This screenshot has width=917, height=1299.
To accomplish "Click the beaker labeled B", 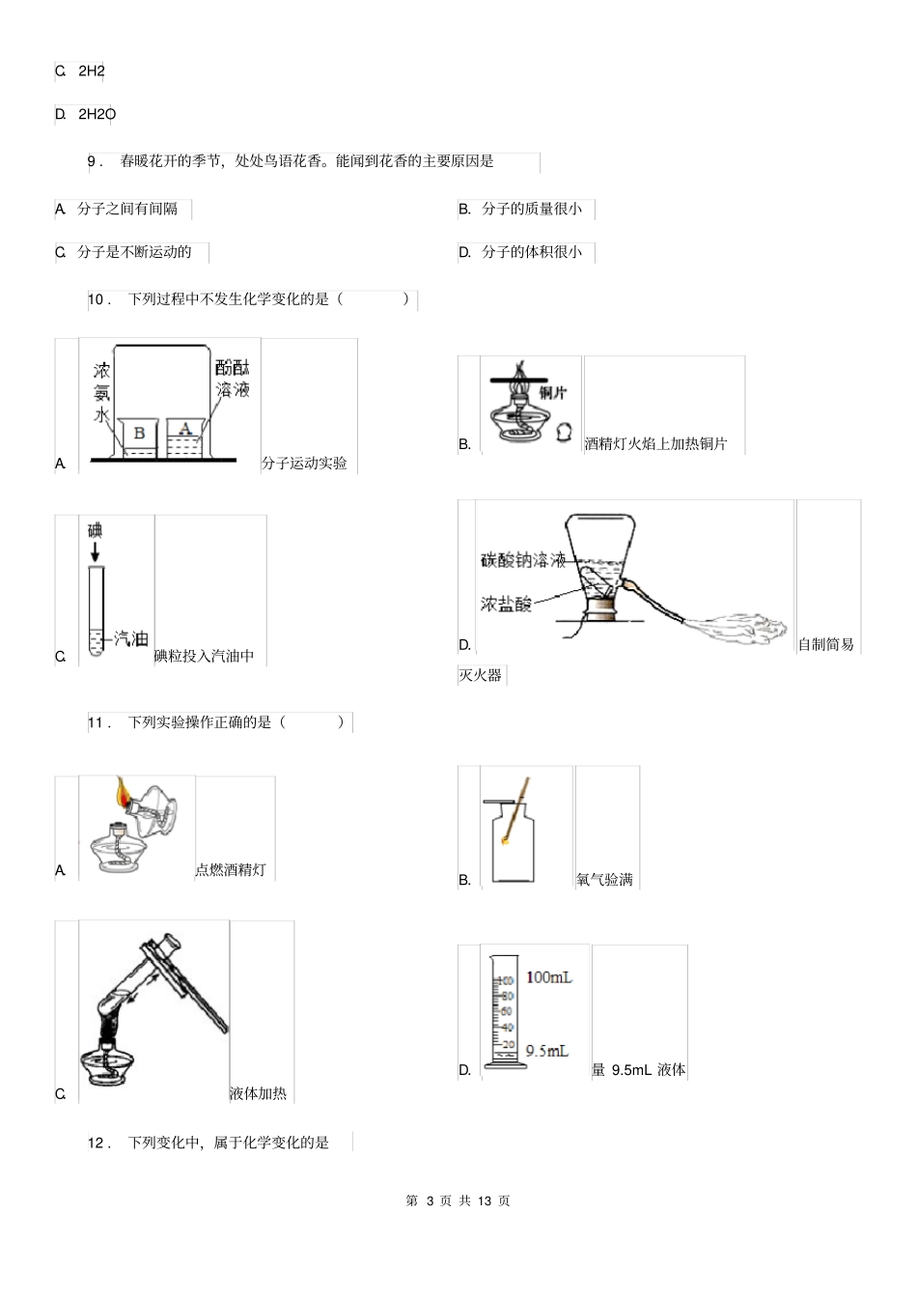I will pos(139,437).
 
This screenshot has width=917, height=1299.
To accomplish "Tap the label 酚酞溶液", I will pos(233,379).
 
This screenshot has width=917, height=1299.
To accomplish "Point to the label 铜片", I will pos(553,392).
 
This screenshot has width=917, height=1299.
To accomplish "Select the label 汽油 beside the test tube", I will pos(131,638).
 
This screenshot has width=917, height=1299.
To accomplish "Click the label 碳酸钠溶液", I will pos(523,560).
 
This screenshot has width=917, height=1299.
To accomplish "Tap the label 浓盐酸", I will pos(506,605).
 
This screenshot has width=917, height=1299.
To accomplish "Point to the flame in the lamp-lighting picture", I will pos(123,792).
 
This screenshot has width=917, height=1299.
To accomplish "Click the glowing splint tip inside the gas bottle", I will pos(505,841).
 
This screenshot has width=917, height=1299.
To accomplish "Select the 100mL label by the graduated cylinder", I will pos(548,977).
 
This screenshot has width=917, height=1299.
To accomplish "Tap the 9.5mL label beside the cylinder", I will pos(546,1051).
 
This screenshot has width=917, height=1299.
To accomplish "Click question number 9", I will pos(94,161).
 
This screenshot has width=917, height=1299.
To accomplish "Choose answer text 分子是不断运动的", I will pos(134,252).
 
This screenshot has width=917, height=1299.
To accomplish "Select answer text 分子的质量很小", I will pos(532,209).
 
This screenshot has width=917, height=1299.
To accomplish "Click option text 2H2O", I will pos(97,114).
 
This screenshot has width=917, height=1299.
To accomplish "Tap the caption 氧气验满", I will pos(604,879).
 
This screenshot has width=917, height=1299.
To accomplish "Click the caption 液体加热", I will pos(258,1093).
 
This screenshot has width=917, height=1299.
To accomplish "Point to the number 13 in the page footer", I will pos(485,1200).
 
